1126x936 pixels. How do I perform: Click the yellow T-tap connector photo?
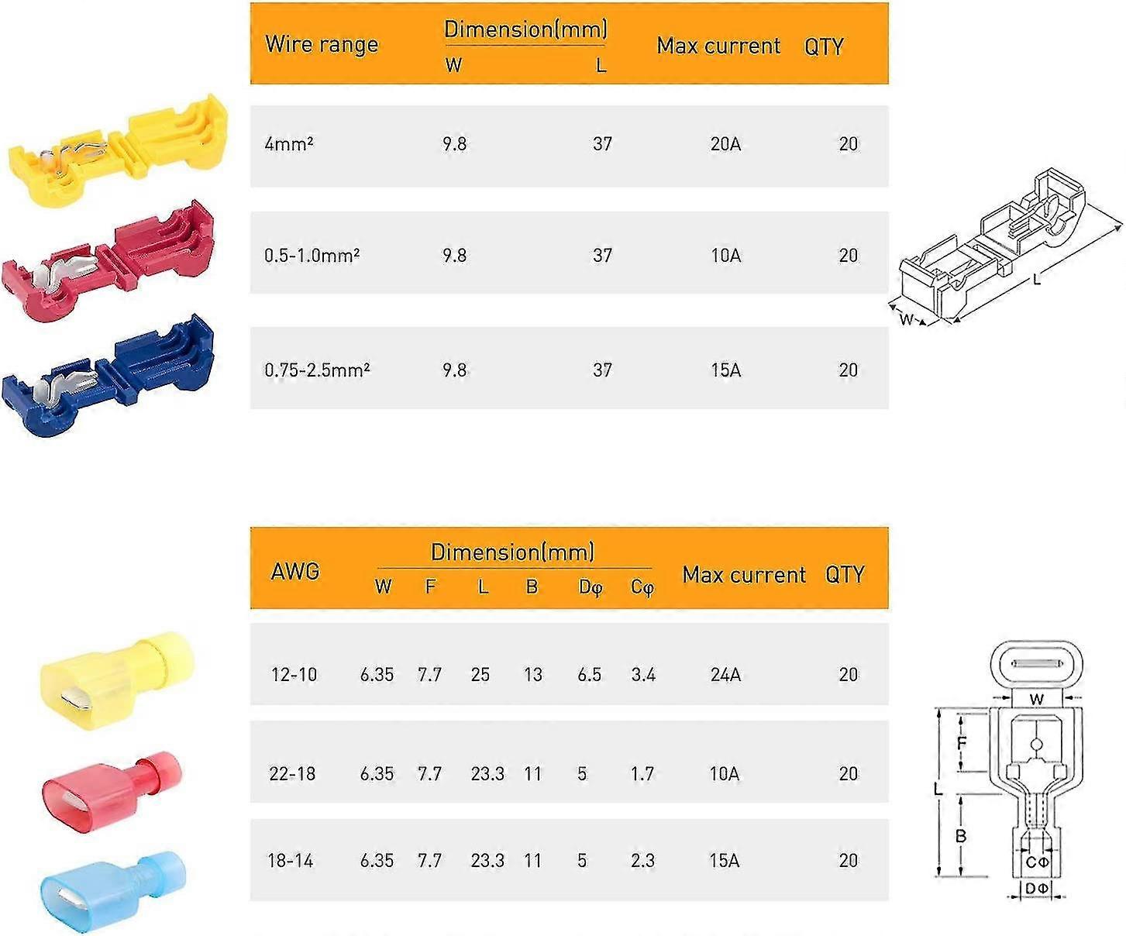[119, 151]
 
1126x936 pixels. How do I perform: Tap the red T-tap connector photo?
[108, 261]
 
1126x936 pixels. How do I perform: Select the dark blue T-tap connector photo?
[108, 376]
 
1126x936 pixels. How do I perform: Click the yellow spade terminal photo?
[117, 680]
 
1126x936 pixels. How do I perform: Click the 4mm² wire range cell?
[289, 144]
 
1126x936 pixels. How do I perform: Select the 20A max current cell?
[725, 144]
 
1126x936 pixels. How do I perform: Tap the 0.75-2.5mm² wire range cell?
[317, 370]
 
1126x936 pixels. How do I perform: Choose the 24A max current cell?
[725, 675]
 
